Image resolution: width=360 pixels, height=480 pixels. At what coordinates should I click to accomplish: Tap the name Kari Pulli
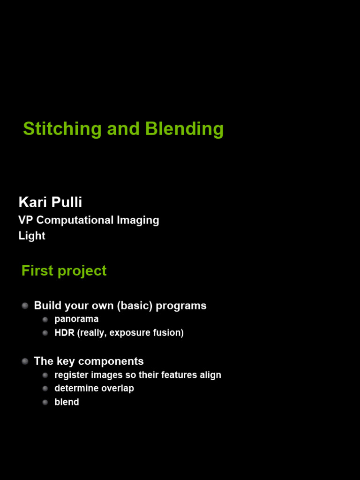click(50, 202)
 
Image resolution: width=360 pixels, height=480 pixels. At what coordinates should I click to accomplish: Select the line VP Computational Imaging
click(89, 220)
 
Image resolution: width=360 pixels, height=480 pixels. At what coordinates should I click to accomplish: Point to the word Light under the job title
click(32, 236)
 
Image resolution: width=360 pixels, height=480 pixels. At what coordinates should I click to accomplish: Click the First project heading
click(64, 271)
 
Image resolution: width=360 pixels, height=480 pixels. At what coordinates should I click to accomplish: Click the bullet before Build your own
click(25, 306)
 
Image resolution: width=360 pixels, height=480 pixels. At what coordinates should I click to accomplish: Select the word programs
click(181, 306)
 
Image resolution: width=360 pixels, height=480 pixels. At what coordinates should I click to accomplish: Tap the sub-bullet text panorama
click(76, 319)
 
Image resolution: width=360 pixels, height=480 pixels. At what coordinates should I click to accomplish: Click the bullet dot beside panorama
click(45, 319)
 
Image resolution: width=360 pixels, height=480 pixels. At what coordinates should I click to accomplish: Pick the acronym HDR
click(64, 333)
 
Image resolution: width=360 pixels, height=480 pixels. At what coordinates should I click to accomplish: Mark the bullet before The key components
click(25, 361)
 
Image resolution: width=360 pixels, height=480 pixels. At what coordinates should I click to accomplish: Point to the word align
click(211, 375)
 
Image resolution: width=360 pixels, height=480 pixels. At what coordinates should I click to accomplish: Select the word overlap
click(118, 389)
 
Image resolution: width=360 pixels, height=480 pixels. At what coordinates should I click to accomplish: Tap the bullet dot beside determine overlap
click(45, 389)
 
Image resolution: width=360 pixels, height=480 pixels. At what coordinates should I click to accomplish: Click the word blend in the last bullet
click(67, 402)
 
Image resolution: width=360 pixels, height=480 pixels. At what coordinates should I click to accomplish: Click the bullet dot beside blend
click(45, 402)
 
